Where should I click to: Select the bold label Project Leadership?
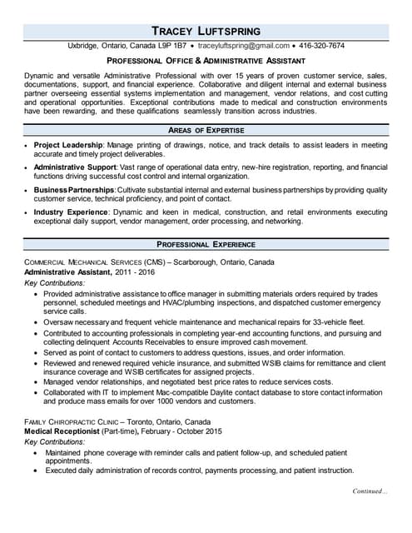click(x=68, y=145)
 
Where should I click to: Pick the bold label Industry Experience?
click(x=70, y=212)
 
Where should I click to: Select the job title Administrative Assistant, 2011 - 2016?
click(x=89, y=272)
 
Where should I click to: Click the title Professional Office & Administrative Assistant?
click(x=205, y=61)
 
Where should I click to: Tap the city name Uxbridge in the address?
click(x=85, y=46)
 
